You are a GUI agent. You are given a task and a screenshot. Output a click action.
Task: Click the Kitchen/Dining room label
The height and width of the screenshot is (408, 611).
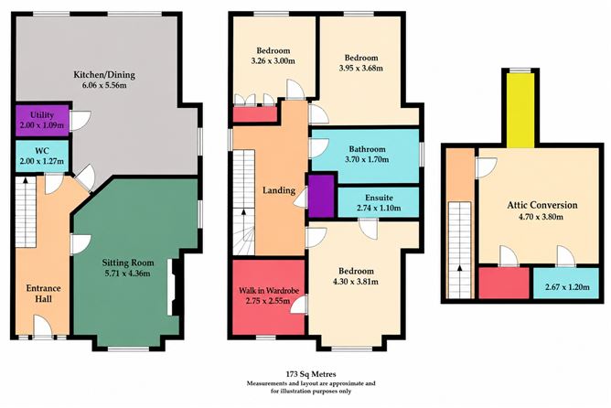pyautogui.click(x=104, y=75)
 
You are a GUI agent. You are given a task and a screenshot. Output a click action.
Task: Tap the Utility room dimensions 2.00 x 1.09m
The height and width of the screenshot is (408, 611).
pyautogui.click(x=42, y=125)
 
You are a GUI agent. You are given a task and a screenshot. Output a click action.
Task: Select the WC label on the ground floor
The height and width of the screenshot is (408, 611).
pyautogui.click(x=42, y=151)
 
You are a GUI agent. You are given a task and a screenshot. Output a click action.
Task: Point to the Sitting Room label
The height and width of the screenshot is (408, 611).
pyautogui.click(x=128, y=263)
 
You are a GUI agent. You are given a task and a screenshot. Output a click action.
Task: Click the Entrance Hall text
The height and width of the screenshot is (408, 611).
pyautogui.click(x=43, y=294)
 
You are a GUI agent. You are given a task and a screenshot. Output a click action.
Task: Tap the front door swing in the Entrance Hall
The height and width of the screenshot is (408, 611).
pyautogui.click(x=43, y=325)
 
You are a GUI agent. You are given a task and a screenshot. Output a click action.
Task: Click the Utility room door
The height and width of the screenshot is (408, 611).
pyautogui.click(x=80, y=121)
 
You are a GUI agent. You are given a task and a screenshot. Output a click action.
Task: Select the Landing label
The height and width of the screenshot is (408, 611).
pyautogui.click(x=279, y=190)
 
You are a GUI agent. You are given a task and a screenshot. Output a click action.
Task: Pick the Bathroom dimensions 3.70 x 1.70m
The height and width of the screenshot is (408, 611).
pyautogui.click(x=367, y=159)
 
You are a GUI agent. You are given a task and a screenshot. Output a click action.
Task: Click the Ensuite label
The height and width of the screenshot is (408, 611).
pyautogui.click(x=379, y=198)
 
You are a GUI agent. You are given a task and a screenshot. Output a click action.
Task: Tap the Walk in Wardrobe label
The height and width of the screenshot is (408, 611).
pyautogui.click(x=269, y=291)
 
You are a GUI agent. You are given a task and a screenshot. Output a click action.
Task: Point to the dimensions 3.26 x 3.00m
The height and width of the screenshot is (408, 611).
pyautogui.click(x=273, y=61)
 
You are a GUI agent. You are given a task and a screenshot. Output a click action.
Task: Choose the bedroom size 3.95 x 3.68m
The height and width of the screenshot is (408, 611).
pyautogui.click(x=360, y=69)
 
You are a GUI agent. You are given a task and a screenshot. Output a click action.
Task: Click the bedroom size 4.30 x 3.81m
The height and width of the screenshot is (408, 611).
pyautogui.click(x=356, y=282)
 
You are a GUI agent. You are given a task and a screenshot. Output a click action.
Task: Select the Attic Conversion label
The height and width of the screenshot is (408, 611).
pyautogui.click(x=542, y=205)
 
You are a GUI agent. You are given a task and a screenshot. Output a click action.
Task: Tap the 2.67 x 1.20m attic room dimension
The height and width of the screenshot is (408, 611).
pyautogui.click(x=567, y=287)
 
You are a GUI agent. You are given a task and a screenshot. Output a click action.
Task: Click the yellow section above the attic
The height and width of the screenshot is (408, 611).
pyautogui.click(x=520, y=111)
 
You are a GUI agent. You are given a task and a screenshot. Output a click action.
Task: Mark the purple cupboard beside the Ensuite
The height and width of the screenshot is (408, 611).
pyautogui.click(x=321, y=196)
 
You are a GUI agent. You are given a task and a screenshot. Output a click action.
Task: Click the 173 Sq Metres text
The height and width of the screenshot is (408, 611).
pyautogui.click(x=311, y=374)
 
